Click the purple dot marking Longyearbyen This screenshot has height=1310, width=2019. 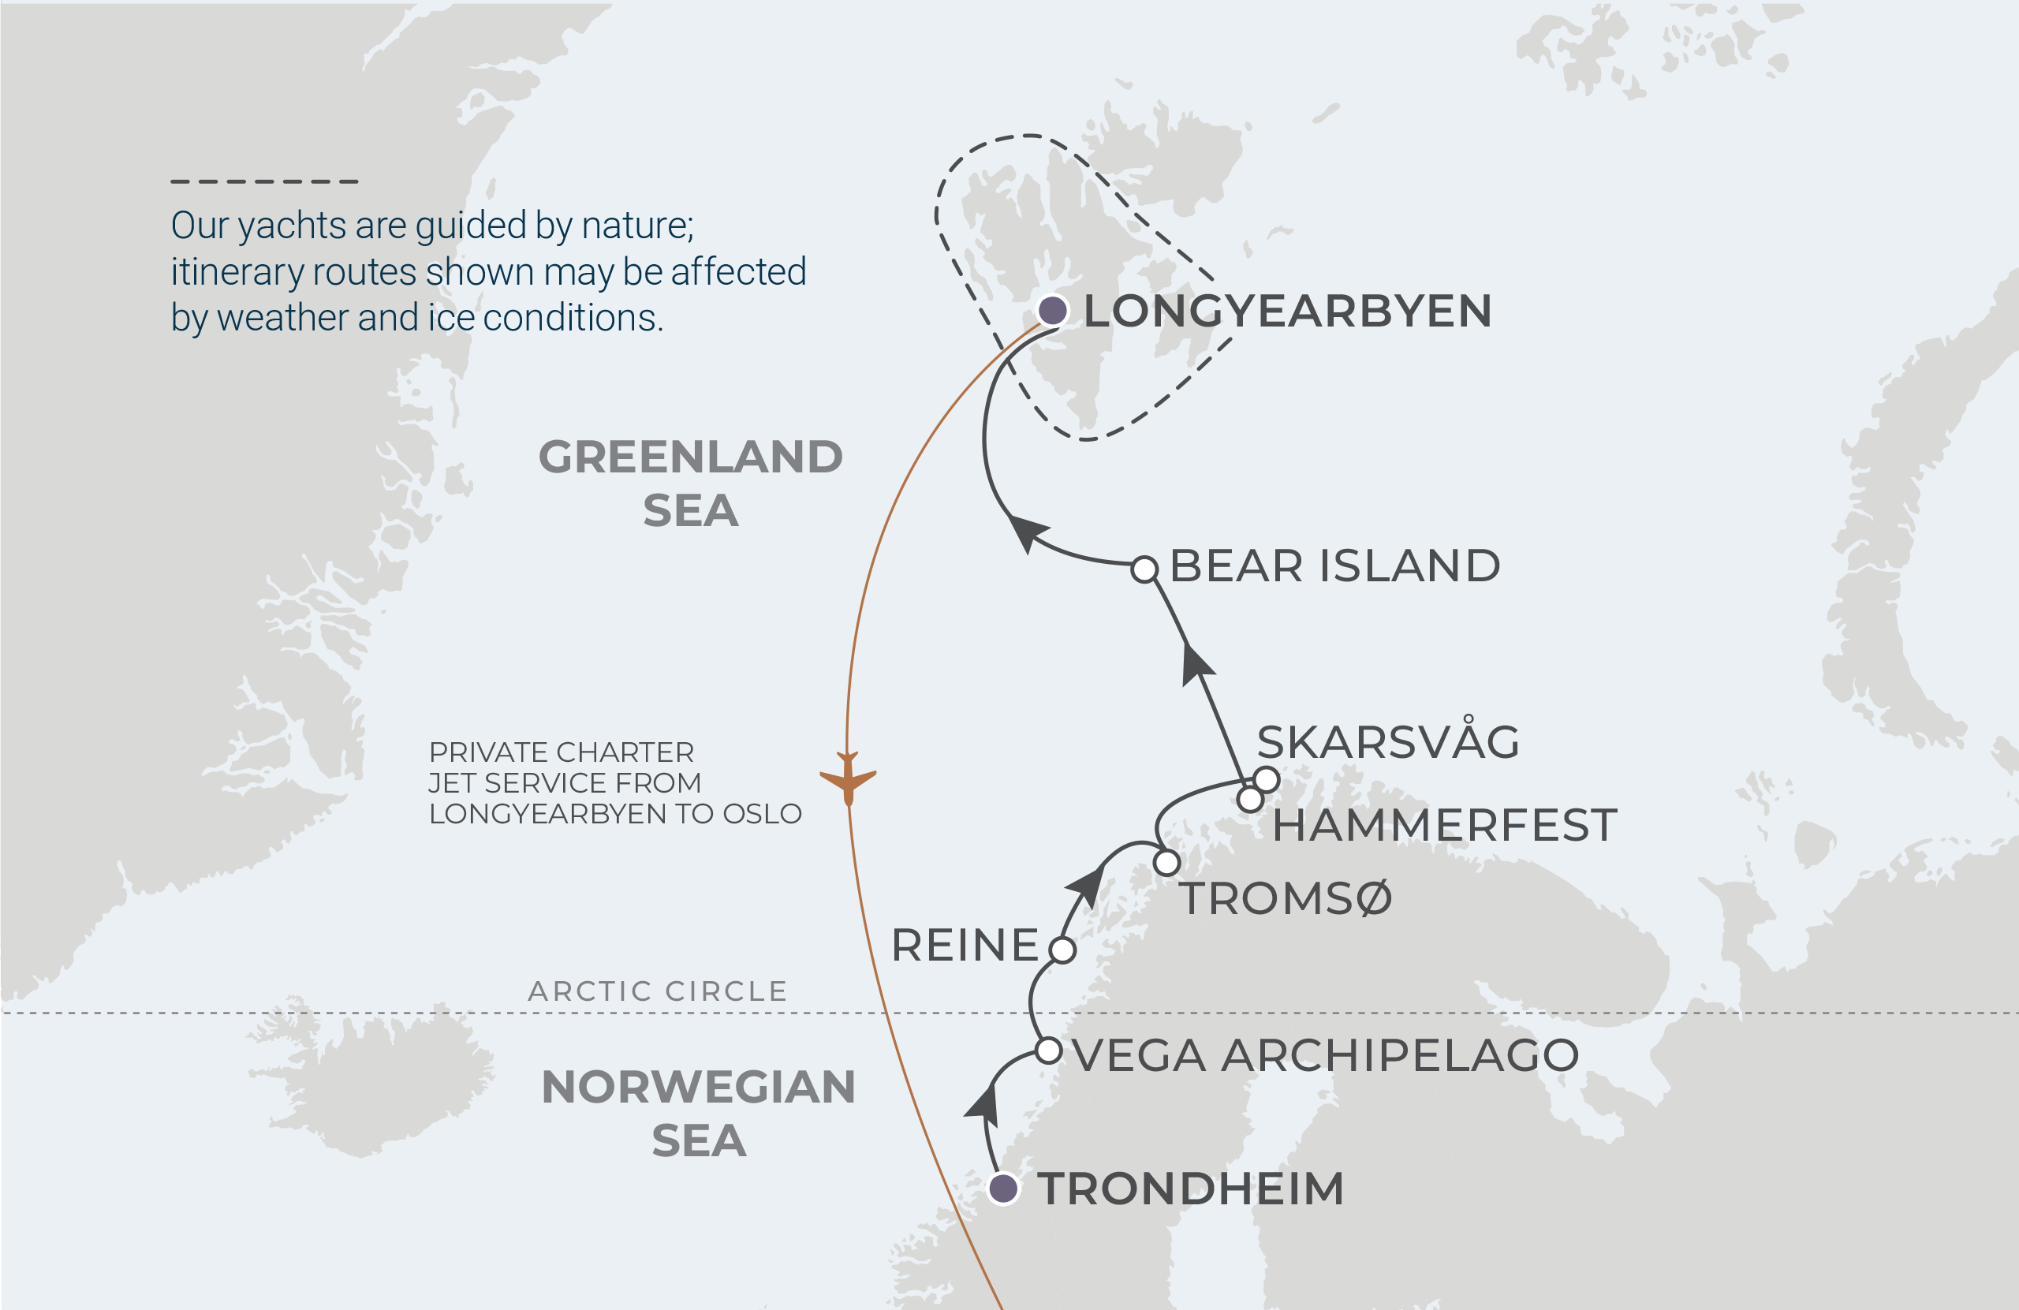[x=1052, y=311]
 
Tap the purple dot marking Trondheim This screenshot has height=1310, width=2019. [x=1003, y=1188]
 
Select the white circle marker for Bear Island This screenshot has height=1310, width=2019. [x=1144, y=569]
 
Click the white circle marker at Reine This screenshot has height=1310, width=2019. [x=1062, y=950]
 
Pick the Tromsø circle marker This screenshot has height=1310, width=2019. [x=1166, y=863]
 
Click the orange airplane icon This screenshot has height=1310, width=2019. [x=848, y=777]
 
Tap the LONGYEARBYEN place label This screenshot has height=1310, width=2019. [x=1287, y=311]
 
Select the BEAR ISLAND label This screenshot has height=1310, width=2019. [x=1334, y=566]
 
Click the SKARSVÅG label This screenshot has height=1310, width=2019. [x=1388, y=741]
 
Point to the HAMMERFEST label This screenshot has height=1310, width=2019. [x=1444, y=826]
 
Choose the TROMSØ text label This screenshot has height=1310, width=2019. [x=1286, y=898]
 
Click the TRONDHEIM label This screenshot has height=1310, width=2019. [x=1190, y=1189]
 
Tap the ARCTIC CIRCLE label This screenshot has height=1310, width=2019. [x=659, y=991]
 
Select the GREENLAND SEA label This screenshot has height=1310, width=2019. [x=691, y=483]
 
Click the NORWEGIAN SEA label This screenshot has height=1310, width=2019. [x=698, y=1113]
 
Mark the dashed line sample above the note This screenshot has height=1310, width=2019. [x=265, y=181]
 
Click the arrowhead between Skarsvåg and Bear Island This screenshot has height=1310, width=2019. [x=1196, y=664]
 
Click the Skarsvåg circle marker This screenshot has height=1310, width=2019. [x=1266, y=779]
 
